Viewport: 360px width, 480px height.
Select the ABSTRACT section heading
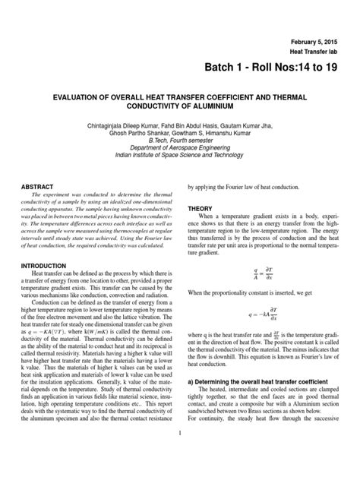[37, 186]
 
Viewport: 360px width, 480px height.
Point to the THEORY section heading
[200, 208]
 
